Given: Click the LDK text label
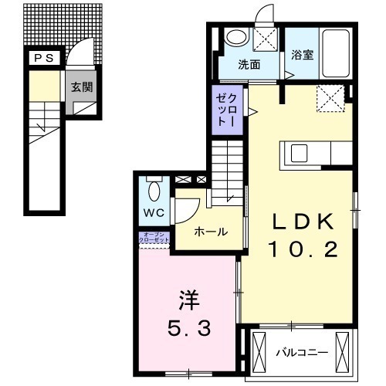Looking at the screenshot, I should tap(302, 222).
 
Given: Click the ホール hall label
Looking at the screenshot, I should tap(209, 231).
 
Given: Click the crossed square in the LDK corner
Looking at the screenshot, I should tap(330, 99).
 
